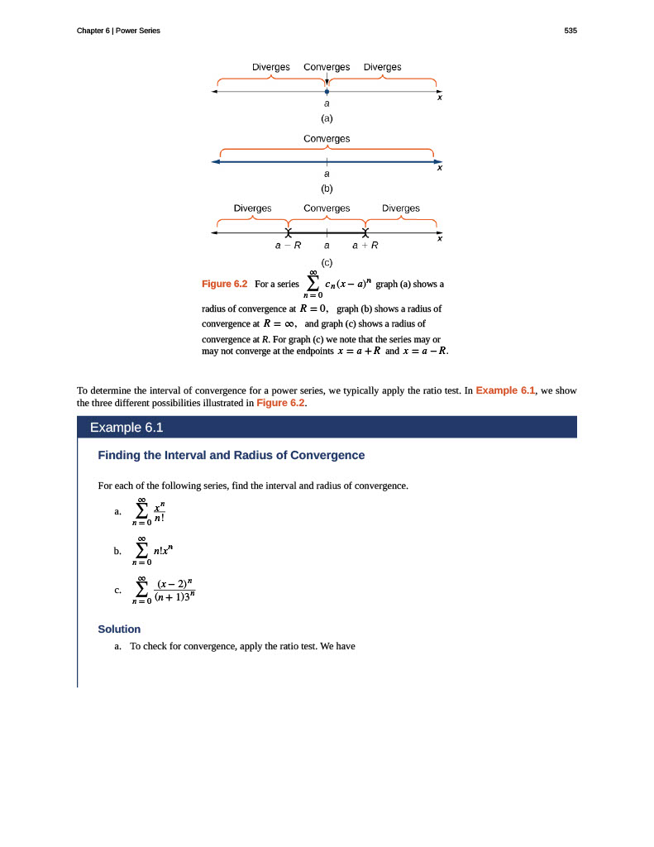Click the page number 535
point(570,31)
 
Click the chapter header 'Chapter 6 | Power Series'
point(118,31)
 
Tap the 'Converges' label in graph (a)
point(327,67)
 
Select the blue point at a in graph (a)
point(327,92)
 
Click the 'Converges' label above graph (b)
point(327,138)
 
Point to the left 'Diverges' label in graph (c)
point(252,208)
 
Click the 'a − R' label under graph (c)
point(288,246)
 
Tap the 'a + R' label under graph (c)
point(365,246)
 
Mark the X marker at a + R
point(365,233)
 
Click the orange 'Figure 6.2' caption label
point(225,284)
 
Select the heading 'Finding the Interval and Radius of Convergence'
point(231,455)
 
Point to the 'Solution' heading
point(119,629)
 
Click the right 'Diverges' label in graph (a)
point(382,67)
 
